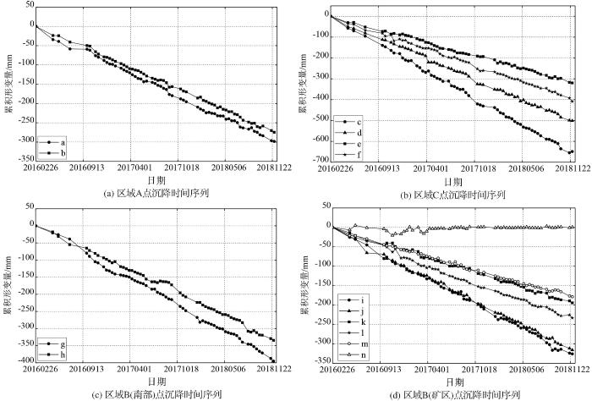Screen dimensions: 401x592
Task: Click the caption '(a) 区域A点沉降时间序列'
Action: (x=155, y=193)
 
